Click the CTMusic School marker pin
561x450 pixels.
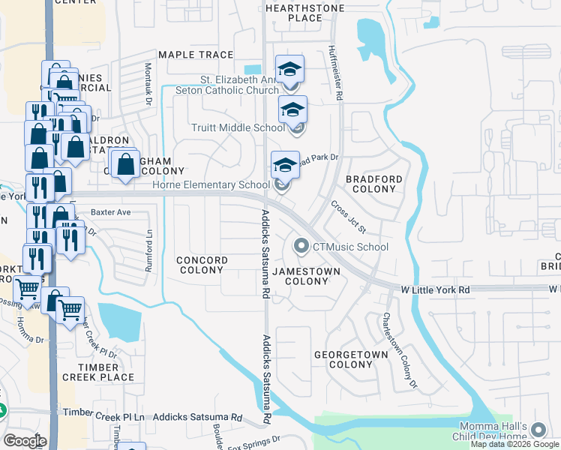[x=301, y=246]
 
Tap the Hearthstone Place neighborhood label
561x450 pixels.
[x=304, y=13]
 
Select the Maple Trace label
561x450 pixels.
[x=196, y=55]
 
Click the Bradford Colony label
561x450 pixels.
[x=373, y=184]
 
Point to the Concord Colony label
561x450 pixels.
[x=201, y=265]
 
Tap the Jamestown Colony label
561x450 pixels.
[x=300, y=276]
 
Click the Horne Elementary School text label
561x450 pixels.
[x=211, y=185]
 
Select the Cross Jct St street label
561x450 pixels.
[x=349, y=217]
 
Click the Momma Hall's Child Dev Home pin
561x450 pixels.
[x=537, y=429]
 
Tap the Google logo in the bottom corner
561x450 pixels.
[x=24, y=441]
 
